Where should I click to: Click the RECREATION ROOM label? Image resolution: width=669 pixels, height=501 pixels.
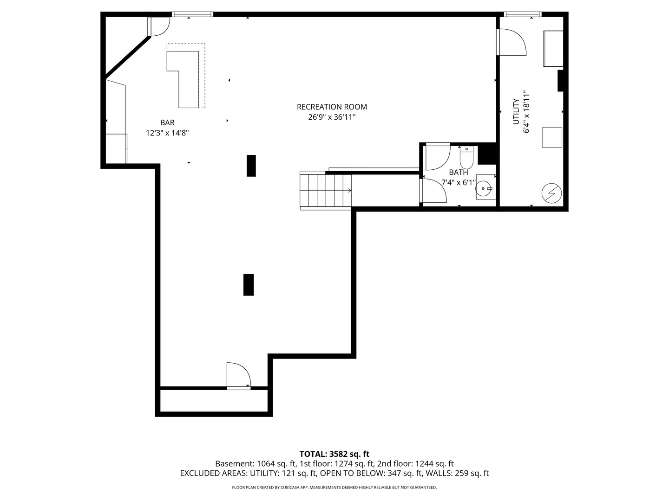(332, 107)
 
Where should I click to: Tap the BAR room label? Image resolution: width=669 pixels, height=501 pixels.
(167, 122)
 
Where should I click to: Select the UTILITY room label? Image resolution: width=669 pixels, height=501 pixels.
(516, 112)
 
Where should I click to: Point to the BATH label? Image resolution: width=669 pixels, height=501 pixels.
(459, 173)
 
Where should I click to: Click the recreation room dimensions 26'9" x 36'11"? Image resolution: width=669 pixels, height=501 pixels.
(332, 117)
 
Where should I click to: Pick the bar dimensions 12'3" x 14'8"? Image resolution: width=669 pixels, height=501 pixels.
(167, 133)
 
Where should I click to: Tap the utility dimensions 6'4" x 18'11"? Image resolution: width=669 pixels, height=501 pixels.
(526, 112)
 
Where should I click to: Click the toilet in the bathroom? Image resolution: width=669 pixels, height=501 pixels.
(466, 157)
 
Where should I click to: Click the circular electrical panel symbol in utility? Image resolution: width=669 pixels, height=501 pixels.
(551, 193)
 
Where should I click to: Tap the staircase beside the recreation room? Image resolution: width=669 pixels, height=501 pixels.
(326, 190)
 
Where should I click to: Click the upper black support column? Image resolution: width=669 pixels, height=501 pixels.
(251, 166)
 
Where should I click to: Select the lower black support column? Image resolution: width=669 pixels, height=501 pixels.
(249, 285)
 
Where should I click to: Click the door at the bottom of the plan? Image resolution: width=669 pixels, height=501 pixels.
(239, 376)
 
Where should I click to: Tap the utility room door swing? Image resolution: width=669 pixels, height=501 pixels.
(511, 42)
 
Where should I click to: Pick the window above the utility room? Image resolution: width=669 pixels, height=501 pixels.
(522, 14)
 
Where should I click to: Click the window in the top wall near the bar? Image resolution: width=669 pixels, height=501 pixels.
(192, 14)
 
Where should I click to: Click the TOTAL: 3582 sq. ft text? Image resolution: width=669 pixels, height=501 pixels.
(334, 454)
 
